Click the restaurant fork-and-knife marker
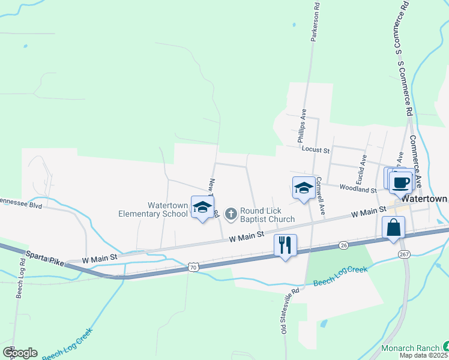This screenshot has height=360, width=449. point(285,245)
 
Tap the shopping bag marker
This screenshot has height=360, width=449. point(393,228)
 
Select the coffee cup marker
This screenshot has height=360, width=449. point(400,182)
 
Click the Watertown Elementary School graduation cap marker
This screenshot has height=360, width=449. point(203,208)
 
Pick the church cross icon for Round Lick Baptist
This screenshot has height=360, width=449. point(231,213)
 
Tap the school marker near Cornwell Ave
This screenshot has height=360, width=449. point(304,188)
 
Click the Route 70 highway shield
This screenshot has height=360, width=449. point(192,265)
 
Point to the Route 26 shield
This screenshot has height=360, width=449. point(343,245)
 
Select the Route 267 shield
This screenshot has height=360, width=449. point(403,254)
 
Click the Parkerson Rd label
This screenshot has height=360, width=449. point(315,21)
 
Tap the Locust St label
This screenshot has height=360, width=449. point(316,149)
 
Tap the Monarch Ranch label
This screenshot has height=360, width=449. point(411,347)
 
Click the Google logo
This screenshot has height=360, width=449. point(20,353)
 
